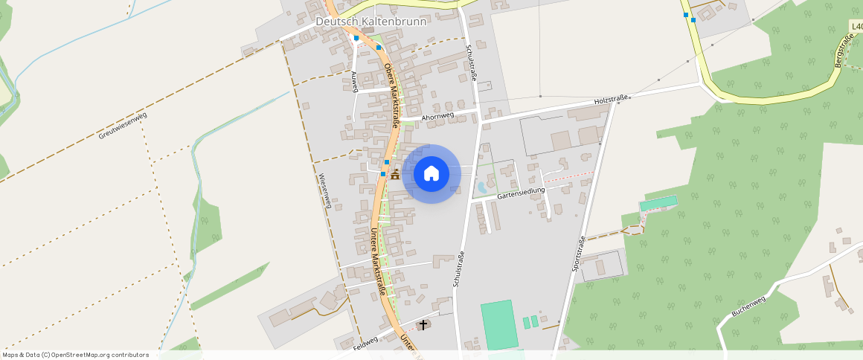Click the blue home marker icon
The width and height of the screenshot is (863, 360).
(431, 174)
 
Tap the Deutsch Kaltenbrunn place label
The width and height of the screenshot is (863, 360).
(371, 22)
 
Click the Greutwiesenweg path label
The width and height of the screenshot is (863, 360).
(123, 126)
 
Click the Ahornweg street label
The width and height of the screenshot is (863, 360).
(437, 117)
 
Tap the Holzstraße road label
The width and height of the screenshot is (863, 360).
(612, 99)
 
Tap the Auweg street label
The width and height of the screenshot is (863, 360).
(355, 81)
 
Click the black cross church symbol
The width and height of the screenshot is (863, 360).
(424, 324)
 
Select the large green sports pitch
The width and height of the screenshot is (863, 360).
(498, 324)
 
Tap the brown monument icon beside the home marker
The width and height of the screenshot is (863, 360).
(395, 176)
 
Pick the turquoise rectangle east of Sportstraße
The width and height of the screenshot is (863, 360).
(658, 202)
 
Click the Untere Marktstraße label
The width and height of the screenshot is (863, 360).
(378, 260)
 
